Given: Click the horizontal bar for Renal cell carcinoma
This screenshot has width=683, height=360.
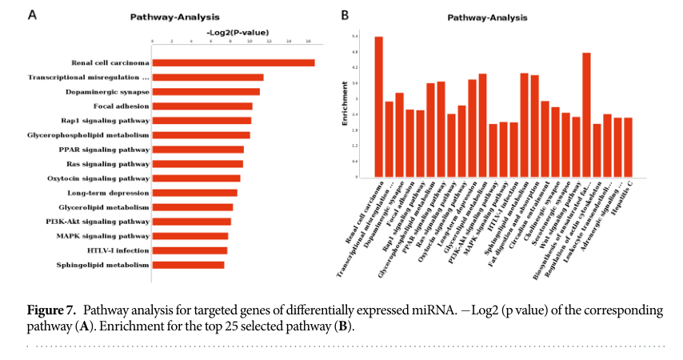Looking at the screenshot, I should [x=233, y=62].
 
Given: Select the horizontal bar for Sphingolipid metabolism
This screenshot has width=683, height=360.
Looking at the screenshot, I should [x=188, y=265].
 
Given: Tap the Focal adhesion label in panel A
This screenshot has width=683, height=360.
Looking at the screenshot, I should [x=121, y=106].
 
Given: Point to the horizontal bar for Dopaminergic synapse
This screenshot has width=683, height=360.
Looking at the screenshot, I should [x=206, y=91].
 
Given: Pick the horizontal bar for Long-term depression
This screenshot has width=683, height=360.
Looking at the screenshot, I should [x=194, y=193].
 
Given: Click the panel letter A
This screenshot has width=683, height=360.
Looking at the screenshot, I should [x=32, y=14].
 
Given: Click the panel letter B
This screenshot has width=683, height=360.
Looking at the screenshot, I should [x=345, y=14].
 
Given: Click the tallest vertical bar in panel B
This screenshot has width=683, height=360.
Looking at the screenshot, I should [x=378, y=106].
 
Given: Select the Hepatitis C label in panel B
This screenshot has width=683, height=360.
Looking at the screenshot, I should [x=620, y=196].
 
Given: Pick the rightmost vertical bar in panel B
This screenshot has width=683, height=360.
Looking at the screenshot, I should [x=628, y=147].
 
